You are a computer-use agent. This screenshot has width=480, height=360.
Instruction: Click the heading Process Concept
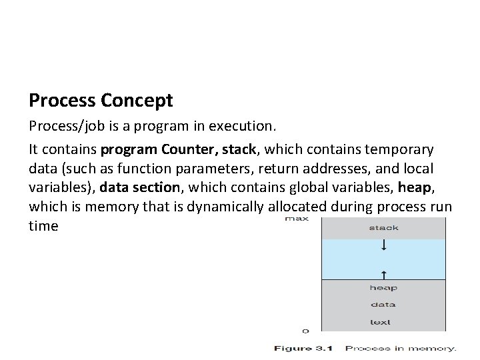(101, 101)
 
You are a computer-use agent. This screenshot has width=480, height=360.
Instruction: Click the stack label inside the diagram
(383, 228)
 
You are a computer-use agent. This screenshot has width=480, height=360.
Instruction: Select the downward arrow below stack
(384, 247)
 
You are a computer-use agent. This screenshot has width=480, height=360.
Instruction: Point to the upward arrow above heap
(384, 273)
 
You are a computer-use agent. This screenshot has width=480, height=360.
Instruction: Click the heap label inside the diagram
(383, 288)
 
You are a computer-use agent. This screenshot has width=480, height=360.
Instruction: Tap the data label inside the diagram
(383, 305)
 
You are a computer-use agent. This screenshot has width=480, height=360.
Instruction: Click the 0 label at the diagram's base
(305, 330)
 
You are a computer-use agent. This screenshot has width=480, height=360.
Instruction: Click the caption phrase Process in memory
(401, 348)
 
